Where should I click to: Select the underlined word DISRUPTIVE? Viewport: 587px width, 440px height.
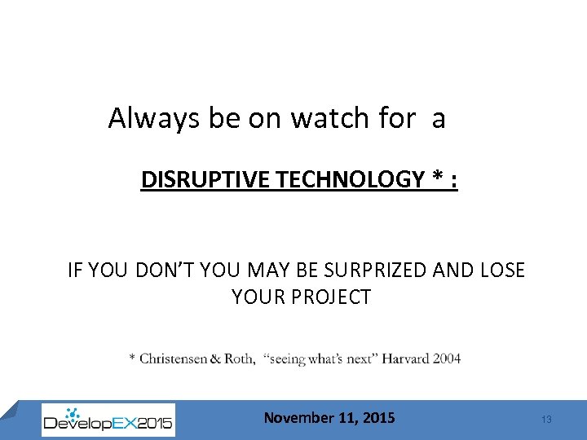pyautogui.click(x=205, y=179)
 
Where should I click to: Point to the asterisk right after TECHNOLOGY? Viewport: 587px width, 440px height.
pyautogui.click(x=432, y=178)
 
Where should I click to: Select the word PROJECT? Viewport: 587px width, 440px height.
pyautogui.click(x=329, y=297)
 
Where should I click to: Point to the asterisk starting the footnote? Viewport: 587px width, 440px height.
pyautogui.click(x=132, y=358)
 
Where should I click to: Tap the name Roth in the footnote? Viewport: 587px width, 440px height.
pyautogui.click(x=239, y=359)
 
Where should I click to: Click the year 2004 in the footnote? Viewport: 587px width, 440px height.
pyautogui.click(x=447, y=359)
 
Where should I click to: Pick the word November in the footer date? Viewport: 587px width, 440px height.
pyautogui.click(x=299, y=418)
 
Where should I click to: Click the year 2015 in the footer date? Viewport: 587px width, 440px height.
pyautogui.click(x=377, y=418)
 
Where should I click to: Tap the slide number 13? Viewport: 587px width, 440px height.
pyautogui.click(x=546, y=420)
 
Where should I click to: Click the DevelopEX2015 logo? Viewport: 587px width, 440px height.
pyautogui.click(x=108, y=420)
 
